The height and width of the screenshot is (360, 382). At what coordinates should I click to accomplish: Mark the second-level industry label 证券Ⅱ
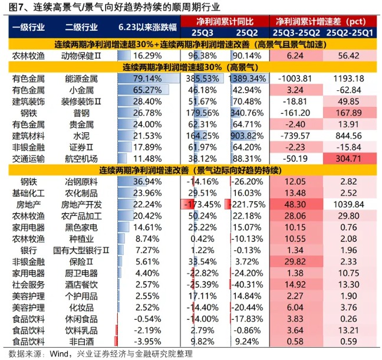pos(82,147)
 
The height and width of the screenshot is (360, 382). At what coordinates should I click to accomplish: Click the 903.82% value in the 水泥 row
pos(249,136)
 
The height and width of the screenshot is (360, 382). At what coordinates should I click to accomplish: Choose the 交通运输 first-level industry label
pos(28,158)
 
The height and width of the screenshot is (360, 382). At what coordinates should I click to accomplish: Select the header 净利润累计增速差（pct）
pos(321,21)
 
